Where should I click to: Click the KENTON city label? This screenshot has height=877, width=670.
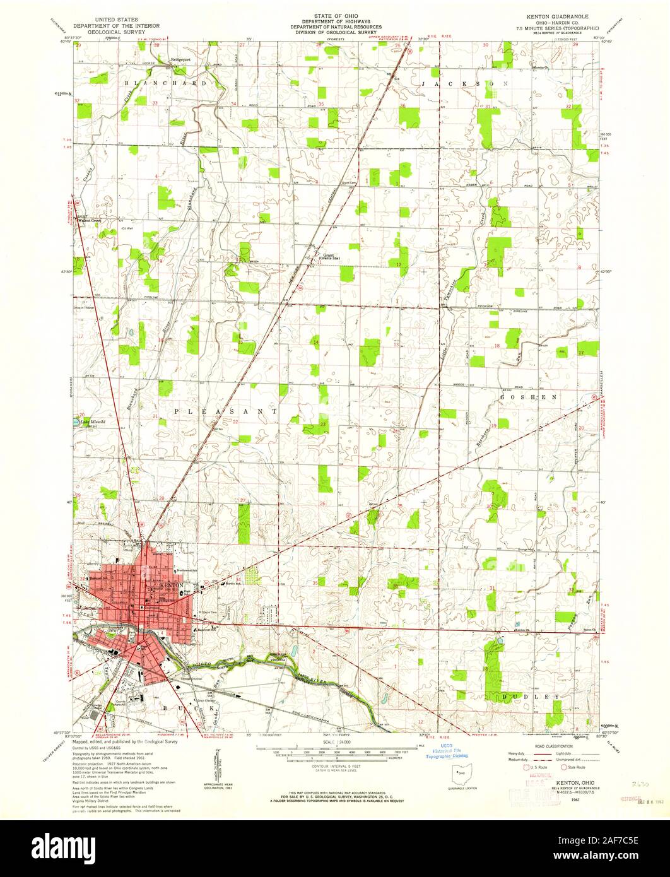pos(172,586)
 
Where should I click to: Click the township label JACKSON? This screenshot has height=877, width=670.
pos(464,83)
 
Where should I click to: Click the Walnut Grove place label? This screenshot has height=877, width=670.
pos(89,221)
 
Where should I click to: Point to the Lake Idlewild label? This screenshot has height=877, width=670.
pos(93,422)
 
